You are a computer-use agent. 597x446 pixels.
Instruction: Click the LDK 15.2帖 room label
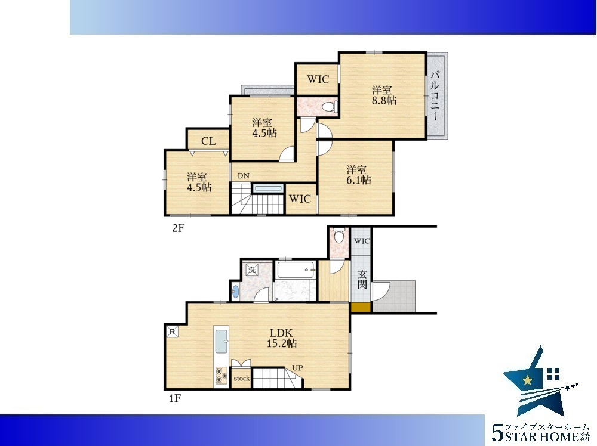pyautogui.click(x=282, y=338)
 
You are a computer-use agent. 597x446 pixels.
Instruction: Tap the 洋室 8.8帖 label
pyautogui.click(x=384, y=95)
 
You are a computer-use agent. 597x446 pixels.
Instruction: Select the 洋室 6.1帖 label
pyautogui.click(x=358, y=175)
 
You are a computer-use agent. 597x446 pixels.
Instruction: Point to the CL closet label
pyautogui.click(x=208, y=141)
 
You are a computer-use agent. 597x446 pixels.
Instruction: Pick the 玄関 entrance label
pyautogui.click(x=362, y=279)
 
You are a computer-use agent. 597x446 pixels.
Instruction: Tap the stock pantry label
pyautogui.click(x=241, y=378)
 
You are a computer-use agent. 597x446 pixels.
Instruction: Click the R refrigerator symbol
pyautogui.click(x=172, y=332)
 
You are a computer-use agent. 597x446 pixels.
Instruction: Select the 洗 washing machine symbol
pyautogui.click(x=252, y=270)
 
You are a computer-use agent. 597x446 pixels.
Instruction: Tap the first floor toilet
pyautogui.click(x=338, y=236)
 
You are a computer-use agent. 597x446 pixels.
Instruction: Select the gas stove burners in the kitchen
pyautogui.click(x=221, y=375)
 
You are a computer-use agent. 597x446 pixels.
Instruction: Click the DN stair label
pyautogui.click(x=244, y=176)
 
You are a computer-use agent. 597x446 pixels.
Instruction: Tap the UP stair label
pyautogui.click(x=297, y=368)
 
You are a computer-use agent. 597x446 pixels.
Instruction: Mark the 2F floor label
pyautogui.click(x=178, y=228)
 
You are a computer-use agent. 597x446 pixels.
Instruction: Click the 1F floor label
pyautogui.click(x=175, y=398)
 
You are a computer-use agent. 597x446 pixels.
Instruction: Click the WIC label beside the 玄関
pyautogui.click(x=362, y=241)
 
